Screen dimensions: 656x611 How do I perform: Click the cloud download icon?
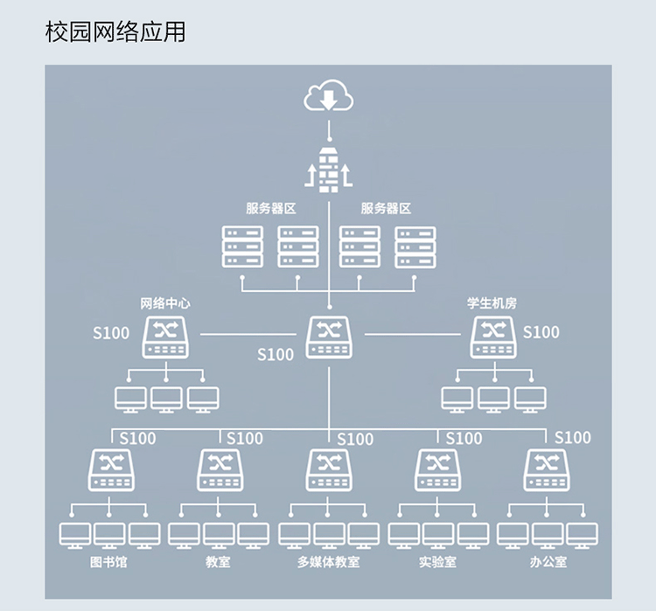pyautogui.click(x=328, y=96)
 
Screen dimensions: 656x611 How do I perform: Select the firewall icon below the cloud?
pyautogui.click(x=328, y=170)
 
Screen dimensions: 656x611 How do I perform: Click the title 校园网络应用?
pyautogui.click(x=115, y=31)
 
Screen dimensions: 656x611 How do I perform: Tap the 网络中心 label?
pyautogui.click(x=164, y=303)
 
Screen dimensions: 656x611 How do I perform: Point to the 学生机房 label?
pyautogui.click(x=492, y=303)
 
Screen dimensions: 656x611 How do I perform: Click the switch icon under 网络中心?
pyautogui.click(x=165, y=337)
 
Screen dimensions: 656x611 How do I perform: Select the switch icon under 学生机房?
pyautogui.click(x=493, y=337)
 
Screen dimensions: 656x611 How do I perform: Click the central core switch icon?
pyautogui.click(x=329, y=337)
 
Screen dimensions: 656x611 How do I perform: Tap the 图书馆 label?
pyautogui.click(x=108, y=562)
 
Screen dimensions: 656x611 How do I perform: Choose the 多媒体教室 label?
pyautogui.click(x=328, y=562)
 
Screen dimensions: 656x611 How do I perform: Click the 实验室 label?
pyautogui.click(x=437, y=562)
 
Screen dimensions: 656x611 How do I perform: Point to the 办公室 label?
pyautogui.click(x=548, y=562)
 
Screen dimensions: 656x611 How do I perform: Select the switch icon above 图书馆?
pyautogui.click(x=111, y=470)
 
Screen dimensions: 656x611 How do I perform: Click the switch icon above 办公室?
pyautogui.click(x=547, y=470)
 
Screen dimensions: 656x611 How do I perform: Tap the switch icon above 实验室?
pyautogui.click(x=437, y=470)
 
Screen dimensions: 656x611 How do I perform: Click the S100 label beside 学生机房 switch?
pyautogui.click(x=541, y=332)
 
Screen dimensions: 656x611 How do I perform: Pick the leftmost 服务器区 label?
pyautogui.click(x=270, y=208)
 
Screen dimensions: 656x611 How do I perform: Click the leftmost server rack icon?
pyautogui.click(x=242, y=246)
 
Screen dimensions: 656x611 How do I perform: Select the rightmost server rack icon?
pyautogui.click(x=415, y=247)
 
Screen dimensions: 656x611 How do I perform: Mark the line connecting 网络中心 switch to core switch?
pyautogui.click(x=248, y=334)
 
